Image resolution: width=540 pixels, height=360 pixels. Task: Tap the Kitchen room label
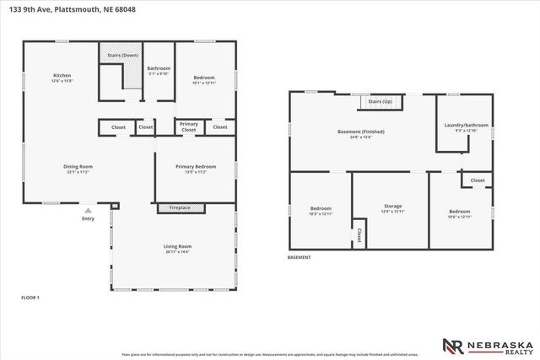(62, 75)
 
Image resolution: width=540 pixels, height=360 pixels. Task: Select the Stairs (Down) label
(123, 55)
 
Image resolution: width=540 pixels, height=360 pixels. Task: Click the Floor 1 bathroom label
(159, 67)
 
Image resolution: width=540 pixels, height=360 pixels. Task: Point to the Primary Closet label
(189, 127)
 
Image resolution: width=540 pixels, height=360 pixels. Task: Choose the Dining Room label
(78, 167)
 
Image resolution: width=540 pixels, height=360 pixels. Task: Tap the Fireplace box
(180, 207)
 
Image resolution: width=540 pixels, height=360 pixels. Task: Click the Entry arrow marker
(89, 210)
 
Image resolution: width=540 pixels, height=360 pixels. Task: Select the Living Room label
(177, 246)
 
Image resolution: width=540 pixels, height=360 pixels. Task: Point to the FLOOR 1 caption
(30, 298)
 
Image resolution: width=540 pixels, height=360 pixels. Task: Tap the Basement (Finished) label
(361, 132)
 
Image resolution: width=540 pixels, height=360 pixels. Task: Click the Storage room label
(394, 207)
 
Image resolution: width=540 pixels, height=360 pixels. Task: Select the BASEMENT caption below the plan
(299, 257)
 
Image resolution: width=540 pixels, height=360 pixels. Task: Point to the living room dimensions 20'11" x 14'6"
(177, 251)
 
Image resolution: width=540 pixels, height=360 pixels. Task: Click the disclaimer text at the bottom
(270, 355)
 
